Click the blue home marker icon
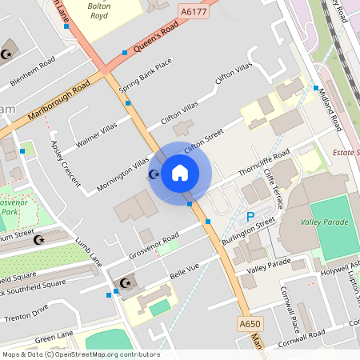pos(180,173)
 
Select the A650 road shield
pos(250,324)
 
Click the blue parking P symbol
pos(250,216)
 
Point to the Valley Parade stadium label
pos(323,222)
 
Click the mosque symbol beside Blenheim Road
pos(7,54)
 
